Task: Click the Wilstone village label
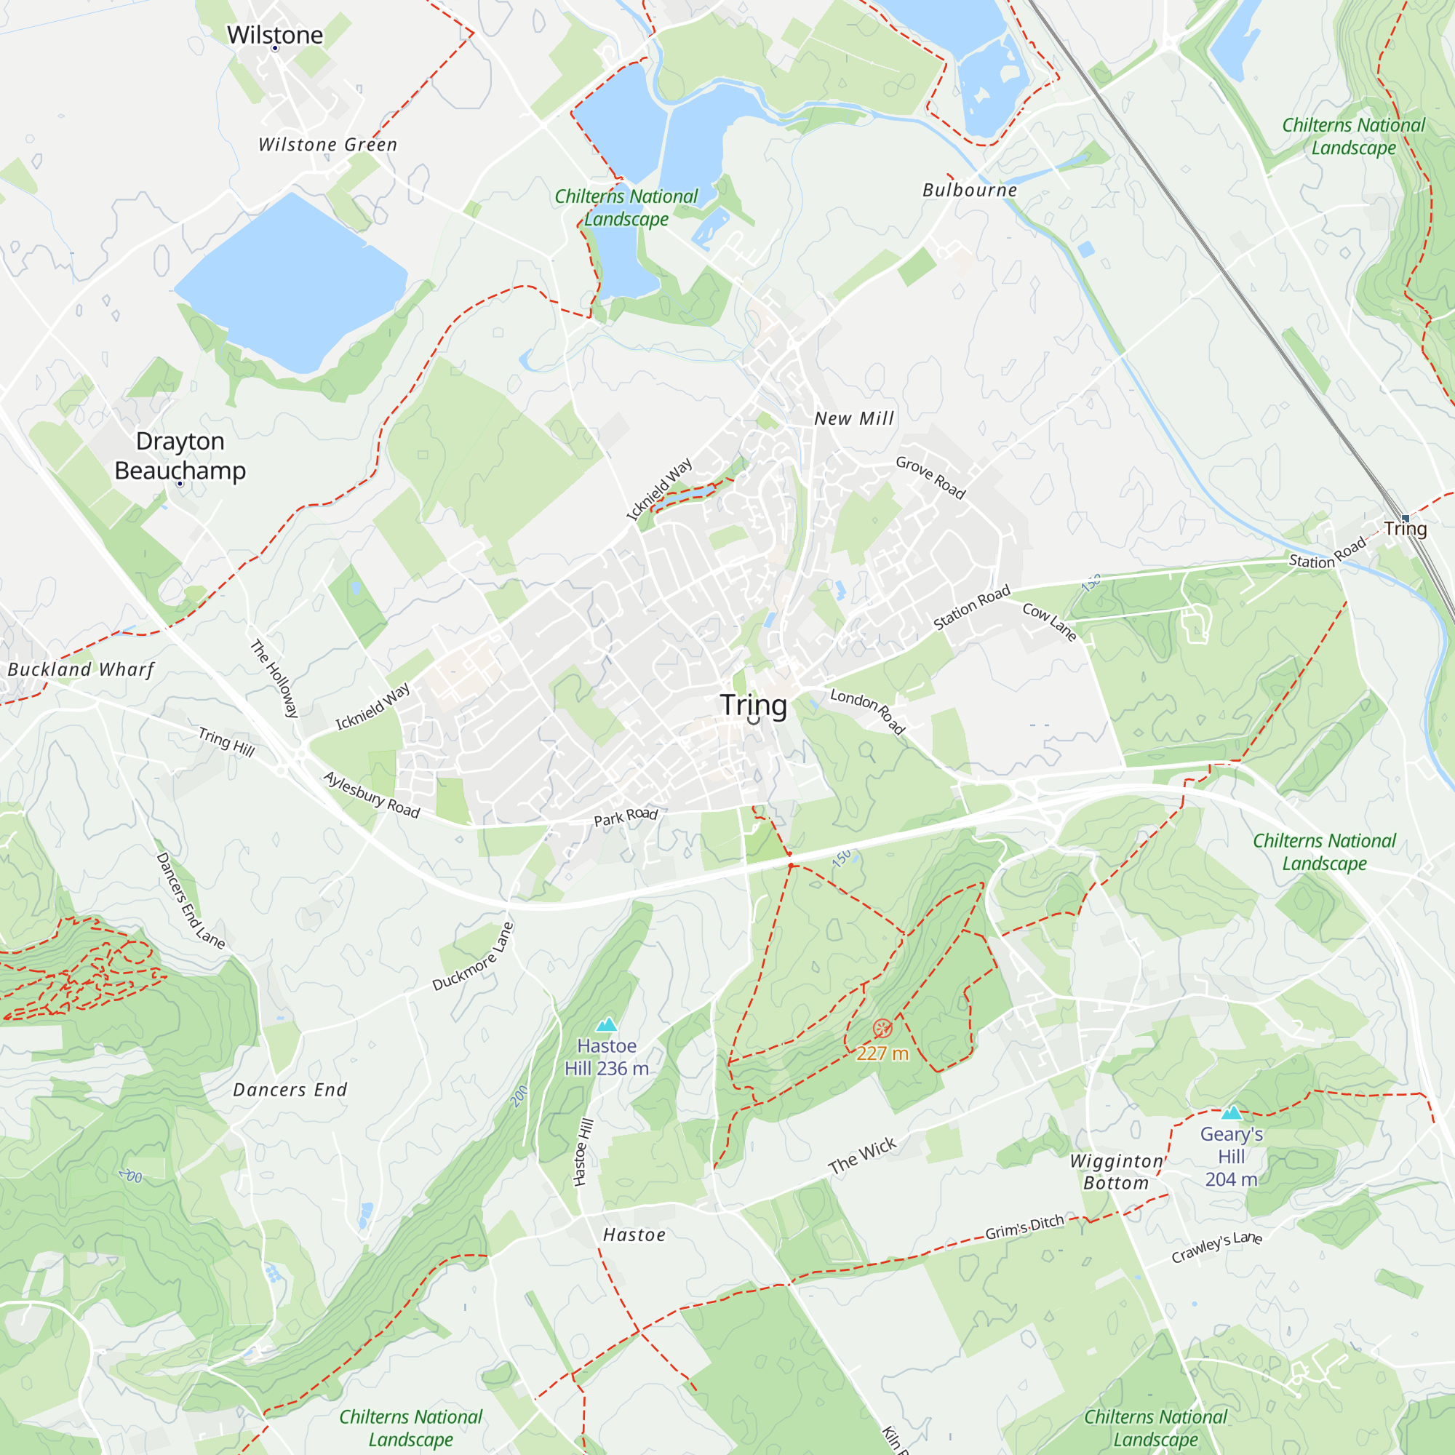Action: (275, 35)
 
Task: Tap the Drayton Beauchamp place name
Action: (180, 455)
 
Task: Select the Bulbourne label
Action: (969, 190)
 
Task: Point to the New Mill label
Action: (854, 418)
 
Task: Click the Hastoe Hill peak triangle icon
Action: (606, 1025)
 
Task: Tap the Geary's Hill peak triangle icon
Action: (1232, 1113)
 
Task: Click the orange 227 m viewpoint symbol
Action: (882, 1028)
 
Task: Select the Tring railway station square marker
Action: (1405, 518)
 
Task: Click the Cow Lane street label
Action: (1049, 622)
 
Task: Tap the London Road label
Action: (867, 710)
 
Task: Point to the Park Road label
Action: (625, 816)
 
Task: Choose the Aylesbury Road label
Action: (371, 794)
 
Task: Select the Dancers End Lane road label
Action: (190, 901)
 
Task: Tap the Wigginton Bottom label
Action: (1116, 1172)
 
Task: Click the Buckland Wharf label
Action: (81, 669)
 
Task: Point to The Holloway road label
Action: (275, 678)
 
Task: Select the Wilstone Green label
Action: (327, 145)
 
